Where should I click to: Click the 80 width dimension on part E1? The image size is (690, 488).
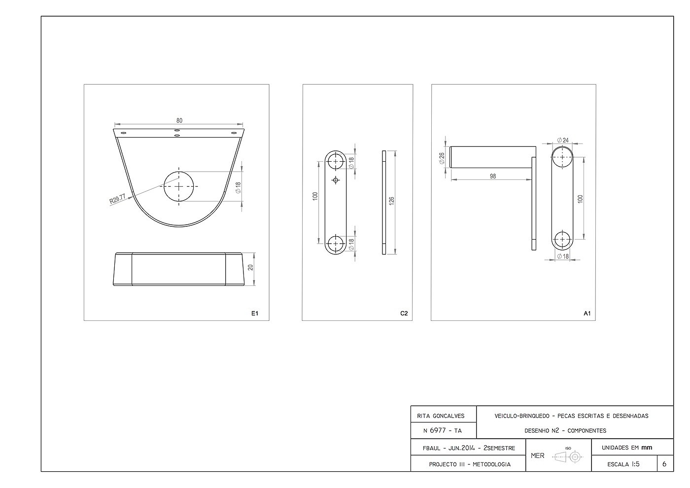coord(179,120)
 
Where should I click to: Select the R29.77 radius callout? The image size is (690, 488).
coord(118,199)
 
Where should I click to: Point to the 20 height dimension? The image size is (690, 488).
coord(250,267)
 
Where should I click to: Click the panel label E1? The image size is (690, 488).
coord(255,314)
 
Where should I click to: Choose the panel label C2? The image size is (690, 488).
coord(404,314)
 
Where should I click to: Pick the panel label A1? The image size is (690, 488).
coord(587,314)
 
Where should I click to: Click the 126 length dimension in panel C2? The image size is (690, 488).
coord(391,201)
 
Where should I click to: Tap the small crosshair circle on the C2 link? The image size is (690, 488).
coord(336,180)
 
